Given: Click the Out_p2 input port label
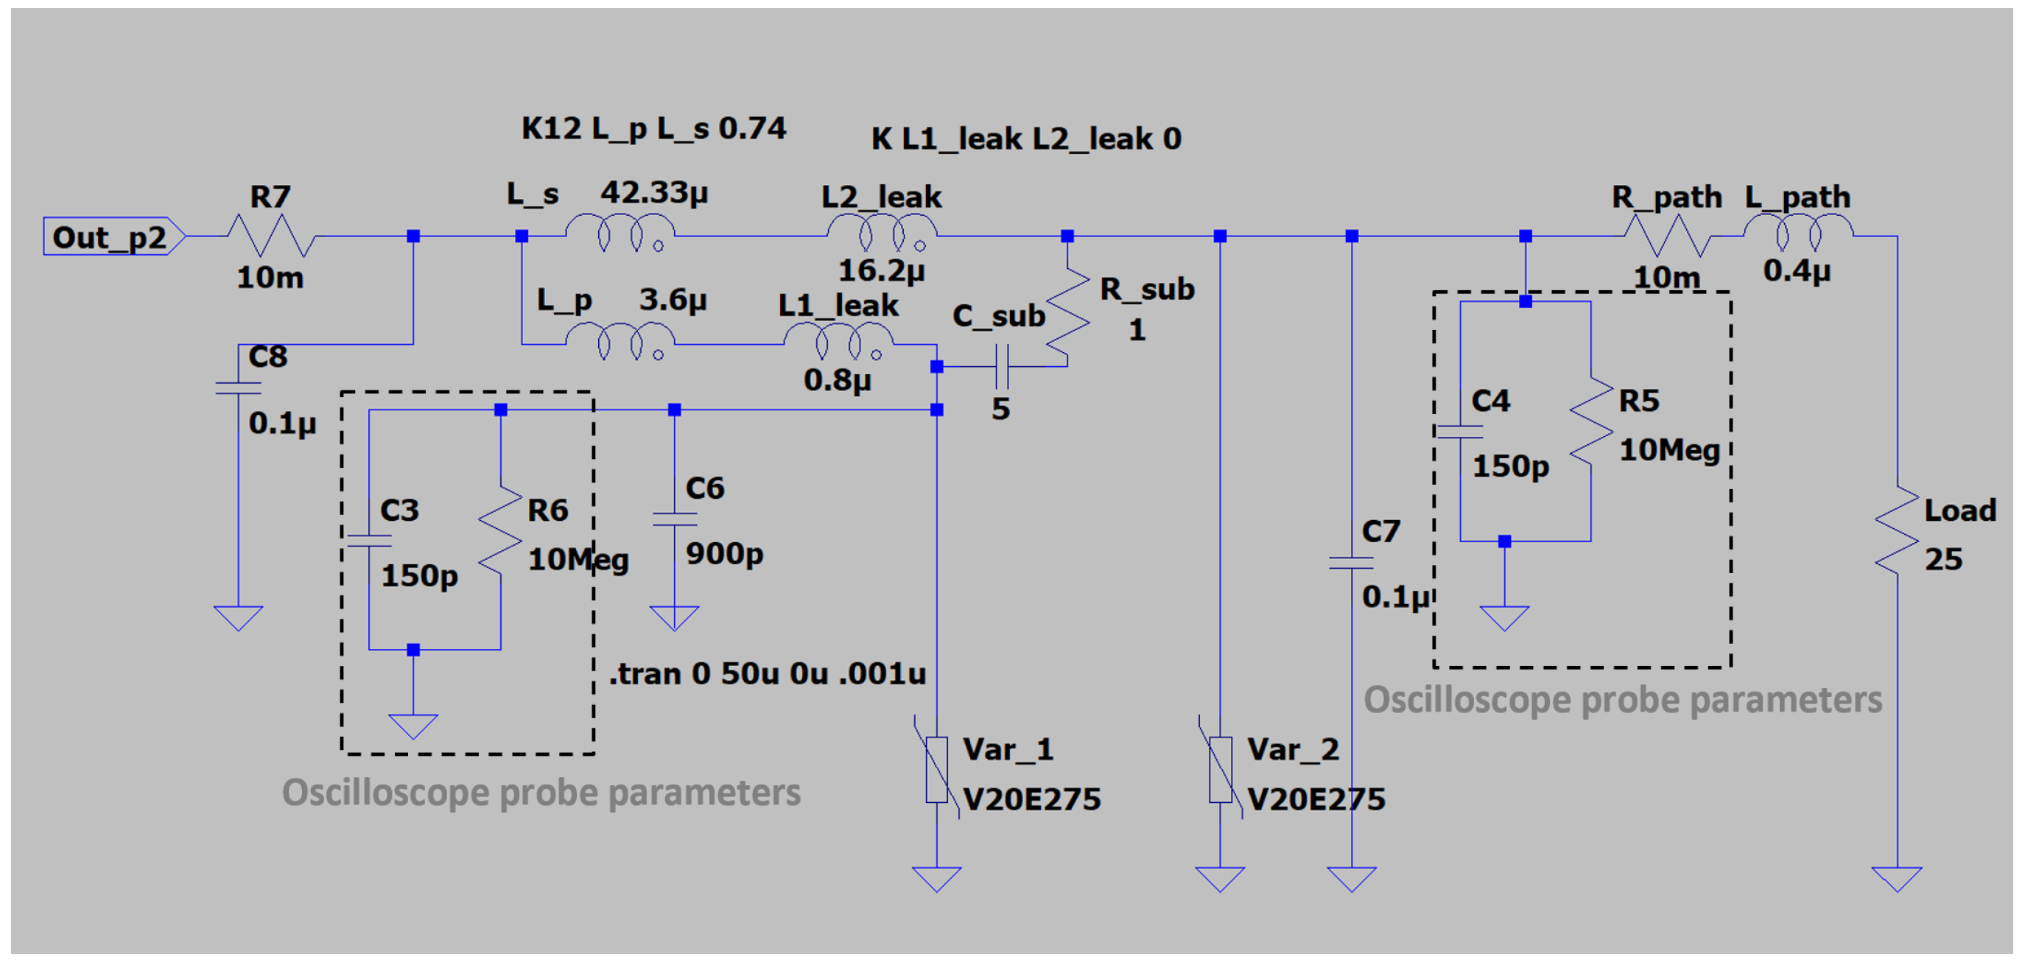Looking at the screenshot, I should pos(110,236).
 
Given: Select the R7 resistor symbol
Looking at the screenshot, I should pos(271,236).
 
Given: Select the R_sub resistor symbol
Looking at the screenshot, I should pos(1067,320).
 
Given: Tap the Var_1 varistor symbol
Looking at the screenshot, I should pos(936,769).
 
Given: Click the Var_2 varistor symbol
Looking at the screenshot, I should pos(1220,769).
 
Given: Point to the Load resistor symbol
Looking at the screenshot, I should pos(1897,530).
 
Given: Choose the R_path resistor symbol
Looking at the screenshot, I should pos(1667,236).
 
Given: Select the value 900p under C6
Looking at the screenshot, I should pos(724,553).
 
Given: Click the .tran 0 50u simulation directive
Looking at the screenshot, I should pos(768,673).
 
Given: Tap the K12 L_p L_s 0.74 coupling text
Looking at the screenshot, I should pos(653,128).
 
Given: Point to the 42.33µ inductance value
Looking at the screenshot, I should pos(654,192).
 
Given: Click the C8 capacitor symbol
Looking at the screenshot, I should pos(238,388).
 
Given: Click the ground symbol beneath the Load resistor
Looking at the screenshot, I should pos(1897,878).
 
